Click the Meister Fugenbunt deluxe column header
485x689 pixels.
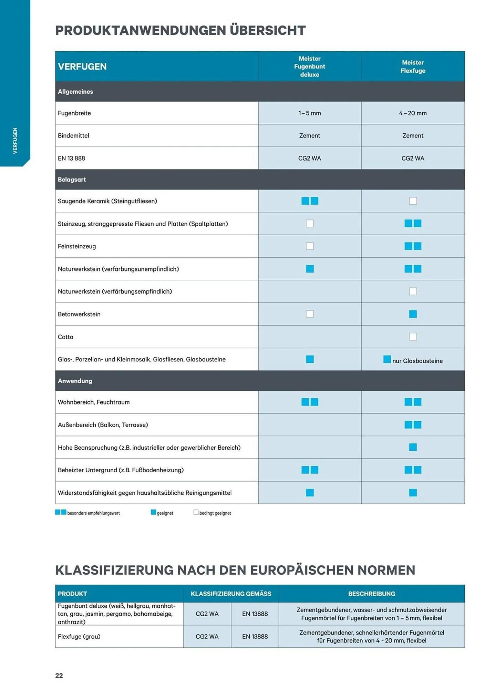309,66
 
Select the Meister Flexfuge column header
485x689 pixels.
413,66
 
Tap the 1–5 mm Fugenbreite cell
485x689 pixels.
309,113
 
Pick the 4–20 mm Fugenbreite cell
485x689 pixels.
413,113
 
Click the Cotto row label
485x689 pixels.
65,337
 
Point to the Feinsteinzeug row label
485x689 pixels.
77,246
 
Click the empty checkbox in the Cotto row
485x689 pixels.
413,337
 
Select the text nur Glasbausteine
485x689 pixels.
417,361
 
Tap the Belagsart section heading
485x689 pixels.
72,179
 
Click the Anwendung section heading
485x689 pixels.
75,381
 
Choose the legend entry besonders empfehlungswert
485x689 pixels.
93,513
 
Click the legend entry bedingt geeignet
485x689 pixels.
215,513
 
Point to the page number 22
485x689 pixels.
59,676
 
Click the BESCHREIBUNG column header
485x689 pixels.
371,594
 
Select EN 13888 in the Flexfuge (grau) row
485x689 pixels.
255,637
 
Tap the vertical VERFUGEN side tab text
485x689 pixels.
15,141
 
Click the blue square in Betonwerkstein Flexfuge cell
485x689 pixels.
413,314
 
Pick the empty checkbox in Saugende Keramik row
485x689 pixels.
413,201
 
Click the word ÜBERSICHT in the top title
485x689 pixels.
268,30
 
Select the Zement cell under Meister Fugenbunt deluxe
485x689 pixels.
309,135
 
